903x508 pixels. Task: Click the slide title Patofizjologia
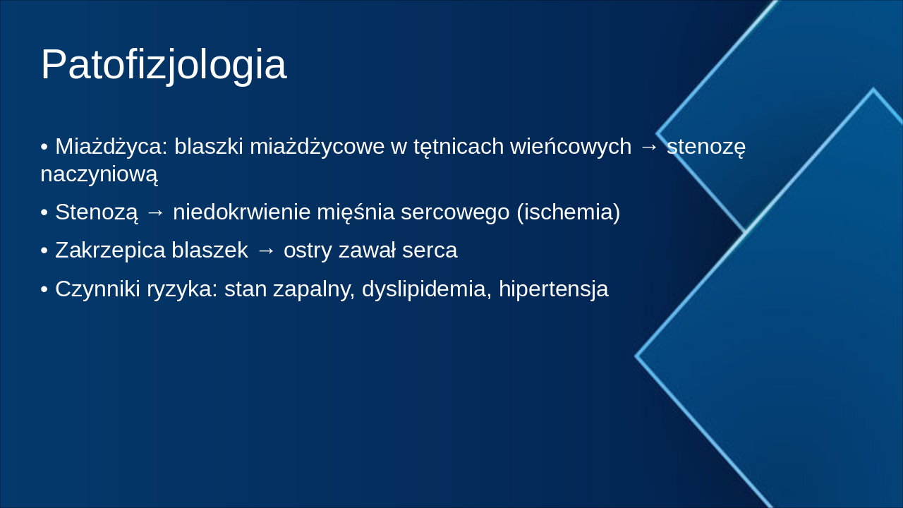point(164,65)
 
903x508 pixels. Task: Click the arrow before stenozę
point(649,147)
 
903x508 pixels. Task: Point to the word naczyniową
point(99,174)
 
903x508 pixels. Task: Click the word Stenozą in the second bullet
point(97,212)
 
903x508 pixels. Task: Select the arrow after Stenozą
point(155,212)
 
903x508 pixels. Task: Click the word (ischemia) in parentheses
point(568,212)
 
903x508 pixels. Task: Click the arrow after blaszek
point(266,250)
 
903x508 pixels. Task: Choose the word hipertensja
point(553,289)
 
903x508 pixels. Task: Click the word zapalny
point(317,289)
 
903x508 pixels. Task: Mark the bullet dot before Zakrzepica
point(44,250)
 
